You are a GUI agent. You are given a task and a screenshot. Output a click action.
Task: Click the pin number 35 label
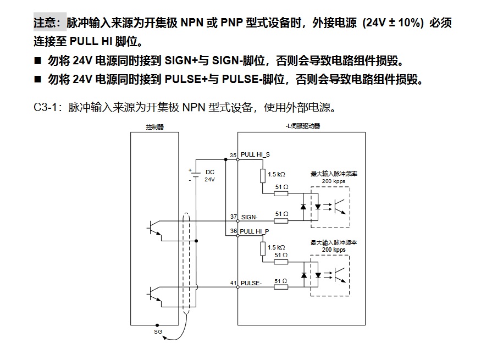tap(233, 156)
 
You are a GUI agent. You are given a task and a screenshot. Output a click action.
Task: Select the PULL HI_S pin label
tap(256, 155)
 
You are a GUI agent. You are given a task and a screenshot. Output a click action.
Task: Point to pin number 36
tap(233, 231)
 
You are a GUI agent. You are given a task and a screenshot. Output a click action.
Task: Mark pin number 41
tap(233, 283)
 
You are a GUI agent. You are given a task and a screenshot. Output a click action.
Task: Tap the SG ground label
tap(158, 332)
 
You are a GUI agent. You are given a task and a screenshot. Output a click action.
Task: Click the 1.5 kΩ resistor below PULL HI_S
tap(263, 175)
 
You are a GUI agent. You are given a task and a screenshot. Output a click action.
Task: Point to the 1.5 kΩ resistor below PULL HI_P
tap(263, 249)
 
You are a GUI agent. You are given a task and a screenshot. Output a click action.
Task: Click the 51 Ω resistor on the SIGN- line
tap(281, 220)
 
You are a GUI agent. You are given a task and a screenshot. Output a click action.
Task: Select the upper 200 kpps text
tap(334, 181)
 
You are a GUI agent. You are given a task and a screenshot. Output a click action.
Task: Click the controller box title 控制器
tap(155, 126)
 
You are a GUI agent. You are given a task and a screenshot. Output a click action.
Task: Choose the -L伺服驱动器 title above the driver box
tap(303, 126)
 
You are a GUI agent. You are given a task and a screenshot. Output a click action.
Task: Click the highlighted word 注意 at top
tap(49, 23)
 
